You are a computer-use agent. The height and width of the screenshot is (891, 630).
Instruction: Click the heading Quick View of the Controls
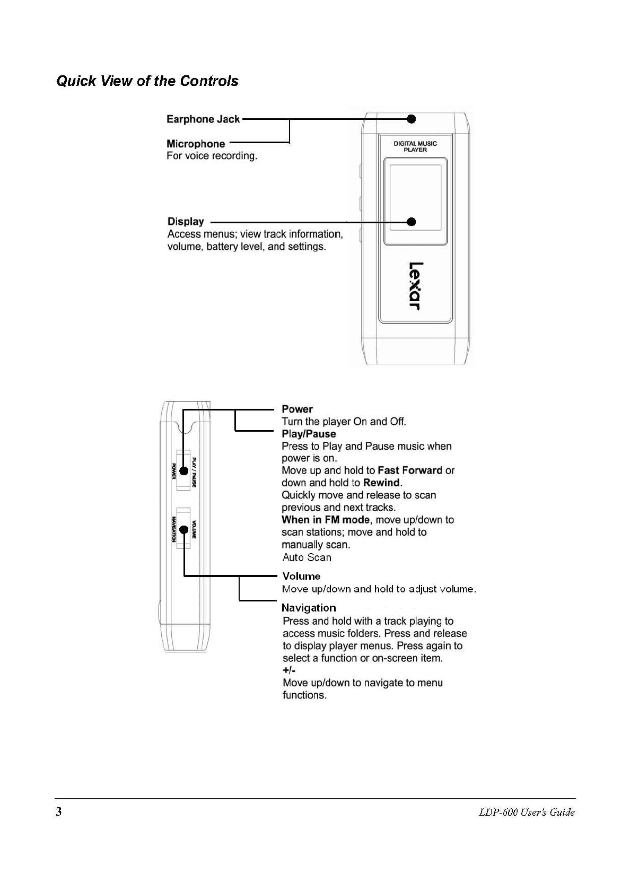147,81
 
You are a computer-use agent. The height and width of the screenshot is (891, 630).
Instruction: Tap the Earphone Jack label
203,119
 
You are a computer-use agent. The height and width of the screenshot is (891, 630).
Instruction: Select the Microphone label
196,144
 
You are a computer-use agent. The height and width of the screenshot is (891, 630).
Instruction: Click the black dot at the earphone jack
411,119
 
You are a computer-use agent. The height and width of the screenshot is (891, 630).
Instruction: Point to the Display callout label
186,222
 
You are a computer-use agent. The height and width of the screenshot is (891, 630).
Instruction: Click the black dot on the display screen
411,222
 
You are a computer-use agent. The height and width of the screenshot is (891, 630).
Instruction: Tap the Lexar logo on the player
414,286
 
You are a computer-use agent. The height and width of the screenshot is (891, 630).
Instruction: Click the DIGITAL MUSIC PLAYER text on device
415,146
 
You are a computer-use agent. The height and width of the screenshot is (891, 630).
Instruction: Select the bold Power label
297,409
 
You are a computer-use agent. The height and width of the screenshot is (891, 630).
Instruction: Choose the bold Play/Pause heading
309,434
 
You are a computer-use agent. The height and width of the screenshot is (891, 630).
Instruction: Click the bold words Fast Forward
410,470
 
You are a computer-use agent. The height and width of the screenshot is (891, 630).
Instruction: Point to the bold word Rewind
381,483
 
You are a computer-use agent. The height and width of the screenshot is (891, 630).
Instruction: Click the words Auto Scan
307,557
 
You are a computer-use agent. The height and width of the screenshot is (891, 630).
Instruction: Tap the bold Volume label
301,576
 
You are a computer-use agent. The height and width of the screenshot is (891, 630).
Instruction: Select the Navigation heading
309,608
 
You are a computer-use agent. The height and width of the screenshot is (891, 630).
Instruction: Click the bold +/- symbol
289,670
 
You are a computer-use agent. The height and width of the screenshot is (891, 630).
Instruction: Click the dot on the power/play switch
184,471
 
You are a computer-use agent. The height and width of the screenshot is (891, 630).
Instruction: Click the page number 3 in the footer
59,812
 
